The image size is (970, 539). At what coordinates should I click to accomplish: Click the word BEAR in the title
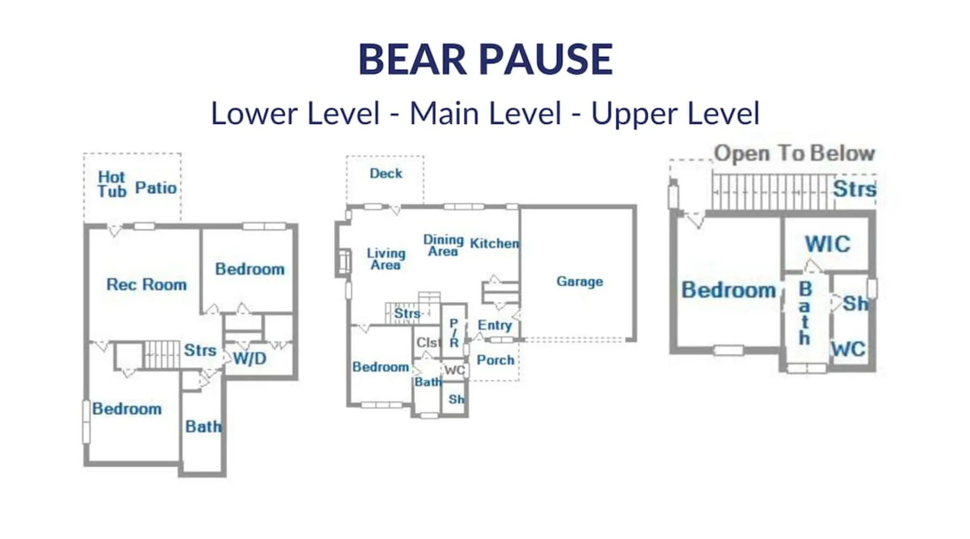click(413, 59)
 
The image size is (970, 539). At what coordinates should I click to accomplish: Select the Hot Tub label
click(112, 184)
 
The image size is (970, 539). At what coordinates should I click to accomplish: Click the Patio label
click(156, 188)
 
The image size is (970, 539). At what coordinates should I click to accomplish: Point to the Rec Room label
click(147, 284)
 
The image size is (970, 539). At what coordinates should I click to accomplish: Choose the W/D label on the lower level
click(250, 358)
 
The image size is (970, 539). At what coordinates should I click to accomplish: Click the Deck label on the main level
click(386, 173)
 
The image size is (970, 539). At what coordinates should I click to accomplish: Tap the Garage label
click(580, 281)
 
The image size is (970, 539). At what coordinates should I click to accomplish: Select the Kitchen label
click(495, 243)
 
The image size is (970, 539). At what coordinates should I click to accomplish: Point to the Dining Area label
click(443, 245)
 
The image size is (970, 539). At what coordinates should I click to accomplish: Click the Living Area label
click(386, 259)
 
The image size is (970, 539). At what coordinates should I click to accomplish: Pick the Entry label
click(495, 325)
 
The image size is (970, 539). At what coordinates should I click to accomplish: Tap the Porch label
click(495, 360)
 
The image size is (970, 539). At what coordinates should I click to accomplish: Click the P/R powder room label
click(454, 333)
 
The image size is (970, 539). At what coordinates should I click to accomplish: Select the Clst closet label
click(428, 342)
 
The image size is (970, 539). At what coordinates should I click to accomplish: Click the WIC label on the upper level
click(828, 244)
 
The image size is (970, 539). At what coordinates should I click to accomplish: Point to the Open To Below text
click(794, 153)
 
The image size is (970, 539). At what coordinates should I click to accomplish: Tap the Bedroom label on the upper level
click(729, 290)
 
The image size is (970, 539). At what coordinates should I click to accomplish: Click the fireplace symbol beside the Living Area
click(343, 262)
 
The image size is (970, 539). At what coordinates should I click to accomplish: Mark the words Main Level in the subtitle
click(486, 113)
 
